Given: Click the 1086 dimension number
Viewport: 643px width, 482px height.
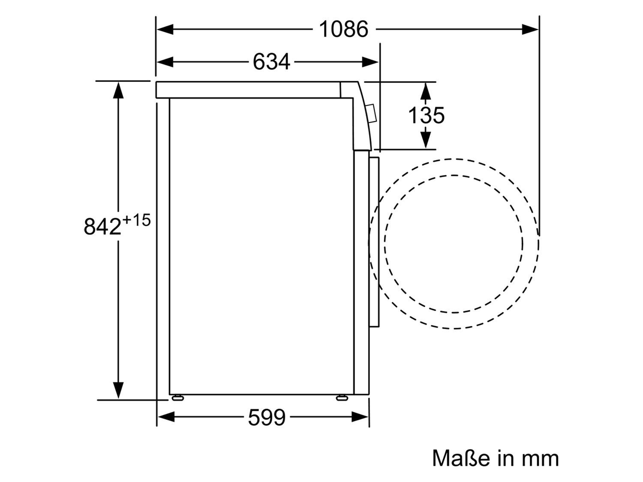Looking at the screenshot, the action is coord(343,29).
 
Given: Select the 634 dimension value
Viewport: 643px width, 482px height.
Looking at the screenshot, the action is coord(271,62).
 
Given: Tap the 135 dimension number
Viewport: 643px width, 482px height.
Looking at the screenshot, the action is coord(426,115).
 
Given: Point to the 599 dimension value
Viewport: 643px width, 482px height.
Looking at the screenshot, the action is coord(267,417).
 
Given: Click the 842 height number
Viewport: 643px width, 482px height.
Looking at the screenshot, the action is coord(102,226).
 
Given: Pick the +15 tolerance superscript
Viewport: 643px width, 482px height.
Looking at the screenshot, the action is coord(136,220).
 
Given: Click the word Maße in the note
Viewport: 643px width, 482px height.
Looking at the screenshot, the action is coord(461,458).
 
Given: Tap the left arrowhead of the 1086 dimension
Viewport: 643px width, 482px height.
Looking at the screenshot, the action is coord(165,29).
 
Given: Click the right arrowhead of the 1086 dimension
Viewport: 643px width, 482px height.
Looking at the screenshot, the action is coord(530,29).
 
